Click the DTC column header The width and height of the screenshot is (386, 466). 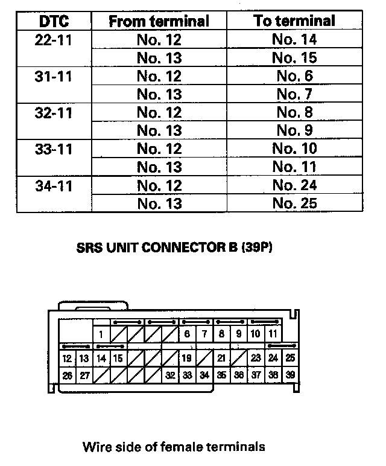(x=54, y=22)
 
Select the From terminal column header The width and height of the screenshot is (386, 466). (x=159, y=22)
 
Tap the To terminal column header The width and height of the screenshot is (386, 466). (x=294, y=21)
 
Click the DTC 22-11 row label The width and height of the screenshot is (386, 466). (x=54, y=40)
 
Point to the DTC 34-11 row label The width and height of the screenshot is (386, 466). (x=54, y=185)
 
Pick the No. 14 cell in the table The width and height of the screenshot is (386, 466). (x=294, y=40)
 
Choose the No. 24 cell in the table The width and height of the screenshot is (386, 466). (x=294, y=185)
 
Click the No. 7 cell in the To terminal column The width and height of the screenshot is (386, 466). (x=294, y=95)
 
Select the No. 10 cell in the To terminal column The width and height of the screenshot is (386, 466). (x=294, y=149)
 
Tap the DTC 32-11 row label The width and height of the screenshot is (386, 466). (x=54, y=113)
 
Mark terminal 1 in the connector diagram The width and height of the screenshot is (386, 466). (x=101, y=334)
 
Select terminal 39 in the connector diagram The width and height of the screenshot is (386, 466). (x=290, y=375)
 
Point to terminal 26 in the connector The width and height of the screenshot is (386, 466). (x=67, y=375)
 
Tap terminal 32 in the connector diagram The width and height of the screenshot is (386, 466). (x=171, y=375)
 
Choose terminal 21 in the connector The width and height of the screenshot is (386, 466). (x=221, y=358)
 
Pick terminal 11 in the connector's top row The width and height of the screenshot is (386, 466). (x=273, y=334)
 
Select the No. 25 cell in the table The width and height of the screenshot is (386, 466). (x=294, y=203)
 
